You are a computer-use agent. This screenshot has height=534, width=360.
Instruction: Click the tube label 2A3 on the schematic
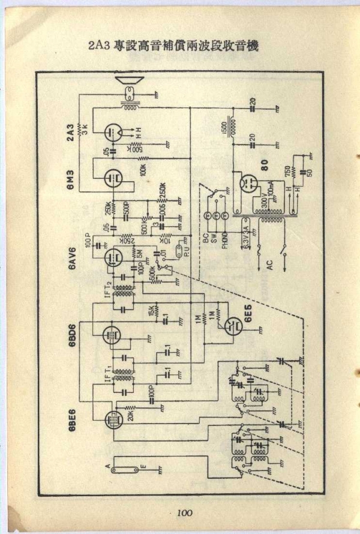pos(70,133)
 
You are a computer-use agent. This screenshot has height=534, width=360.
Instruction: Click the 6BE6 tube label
pos(70,418)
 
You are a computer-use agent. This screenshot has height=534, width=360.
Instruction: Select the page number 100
pos(184,512)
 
